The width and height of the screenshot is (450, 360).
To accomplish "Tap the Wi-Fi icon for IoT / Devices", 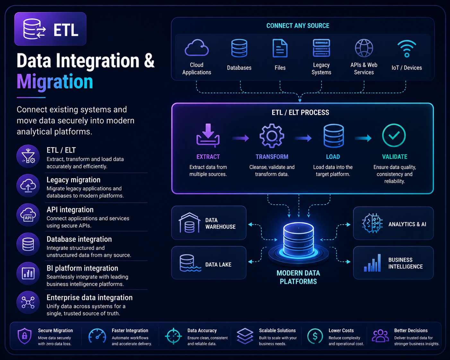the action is coord(407,49).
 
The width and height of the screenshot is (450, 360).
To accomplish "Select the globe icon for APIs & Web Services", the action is coord(364,48).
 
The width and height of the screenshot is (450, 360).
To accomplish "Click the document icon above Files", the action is coord(280,48).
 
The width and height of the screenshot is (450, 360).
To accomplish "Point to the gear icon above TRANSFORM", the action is coord(272,136).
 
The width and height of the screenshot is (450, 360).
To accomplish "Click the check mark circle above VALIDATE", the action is coord(394,135).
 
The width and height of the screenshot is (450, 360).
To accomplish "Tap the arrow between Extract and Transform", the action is coord(240,138).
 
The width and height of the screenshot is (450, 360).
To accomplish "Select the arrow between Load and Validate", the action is coord(363,138).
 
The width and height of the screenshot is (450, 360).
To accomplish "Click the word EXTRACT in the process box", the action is coord(208,157).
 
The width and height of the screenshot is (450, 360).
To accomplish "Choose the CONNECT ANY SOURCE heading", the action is coord(298,26).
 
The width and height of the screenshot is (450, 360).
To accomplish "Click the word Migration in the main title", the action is coord(55,81).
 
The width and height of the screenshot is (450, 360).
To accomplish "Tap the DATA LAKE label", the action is coord(218,265).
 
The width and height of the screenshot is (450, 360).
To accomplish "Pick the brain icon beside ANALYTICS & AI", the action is coord(372,223).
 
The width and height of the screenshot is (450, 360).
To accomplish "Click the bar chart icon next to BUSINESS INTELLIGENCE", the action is coord(372,263).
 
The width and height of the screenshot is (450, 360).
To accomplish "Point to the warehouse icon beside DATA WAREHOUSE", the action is coord(189,223).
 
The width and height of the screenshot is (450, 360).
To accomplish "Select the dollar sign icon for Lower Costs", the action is coord(315,336).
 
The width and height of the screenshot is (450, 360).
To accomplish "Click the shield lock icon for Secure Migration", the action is coord(24,336).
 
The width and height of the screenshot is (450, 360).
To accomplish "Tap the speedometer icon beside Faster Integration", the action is coord(97,336).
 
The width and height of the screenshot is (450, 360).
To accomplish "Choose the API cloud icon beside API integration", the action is coord(28,215).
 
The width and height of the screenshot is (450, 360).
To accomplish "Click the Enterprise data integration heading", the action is coord(90,297).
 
